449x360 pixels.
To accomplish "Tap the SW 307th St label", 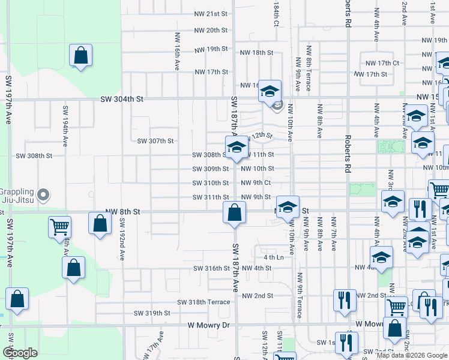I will pos(155,141).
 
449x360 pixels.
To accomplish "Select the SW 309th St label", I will pos(211,169).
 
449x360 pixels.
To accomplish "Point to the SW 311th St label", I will pos(211,197).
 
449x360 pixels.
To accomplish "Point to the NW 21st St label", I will pos(211,14).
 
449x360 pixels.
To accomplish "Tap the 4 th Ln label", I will pos(273,257).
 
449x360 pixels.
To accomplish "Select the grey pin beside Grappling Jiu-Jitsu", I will pos(43,195).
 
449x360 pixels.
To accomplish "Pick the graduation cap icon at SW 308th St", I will pos(237,146).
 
